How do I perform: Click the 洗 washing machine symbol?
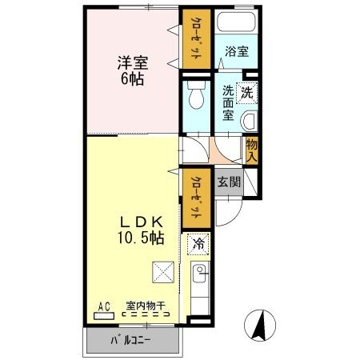(247, 92)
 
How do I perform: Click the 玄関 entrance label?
(228, 181)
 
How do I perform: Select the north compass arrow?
(259, 324)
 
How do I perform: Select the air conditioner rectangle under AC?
(104, 315)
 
